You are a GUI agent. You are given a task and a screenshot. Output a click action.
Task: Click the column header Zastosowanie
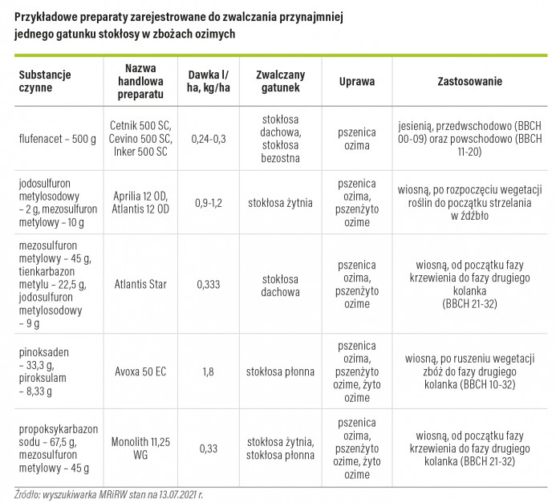pos(469,81)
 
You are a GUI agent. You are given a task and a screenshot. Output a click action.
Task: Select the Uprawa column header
pos(357,81)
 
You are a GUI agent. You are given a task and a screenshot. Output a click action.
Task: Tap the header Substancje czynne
pos(45,81)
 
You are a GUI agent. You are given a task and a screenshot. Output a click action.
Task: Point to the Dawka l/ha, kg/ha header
pos(209,81)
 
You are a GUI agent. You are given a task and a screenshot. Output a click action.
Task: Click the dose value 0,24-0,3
pos(209,139)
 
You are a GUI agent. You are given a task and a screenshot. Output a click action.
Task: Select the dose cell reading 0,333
pos(209,284)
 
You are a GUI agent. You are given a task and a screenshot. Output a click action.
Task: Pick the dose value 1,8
pos(208,371)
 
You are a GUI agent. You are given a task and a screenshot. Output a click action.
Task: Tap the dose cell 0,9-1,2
pos(209,203)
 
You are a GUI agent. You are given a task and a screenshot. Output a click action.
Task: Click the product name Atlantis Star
pos(140,284)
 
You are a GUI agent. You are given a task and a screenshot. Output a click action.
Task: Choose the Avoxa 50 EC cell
pos(140,371)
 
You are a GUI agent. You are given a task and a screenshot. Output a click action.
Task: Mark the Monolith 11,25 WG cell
pos(140,448)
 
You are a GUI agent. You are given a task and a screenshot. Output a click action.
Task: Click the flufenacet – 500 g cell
pos(58,139)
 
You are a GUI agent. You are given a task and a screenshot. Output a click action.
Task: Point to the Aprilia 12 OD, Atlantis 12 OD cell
pos(140,203)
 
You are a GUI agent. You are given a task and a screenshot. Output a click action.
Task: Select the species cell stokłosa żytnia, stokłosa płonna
pos(280,448)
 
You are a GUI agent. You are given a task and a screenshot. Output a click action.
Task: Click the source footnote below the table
pos(108,494)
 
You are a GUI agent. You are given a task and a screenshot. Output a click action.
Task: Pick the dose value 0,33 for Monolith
pos(209,448)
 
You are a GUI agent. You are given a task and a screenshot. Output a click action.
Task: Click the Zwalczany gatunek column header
pos(280,81)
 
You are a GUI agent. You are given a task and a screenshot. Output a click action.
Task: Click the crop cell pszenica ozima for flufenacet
pos(357,139)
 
